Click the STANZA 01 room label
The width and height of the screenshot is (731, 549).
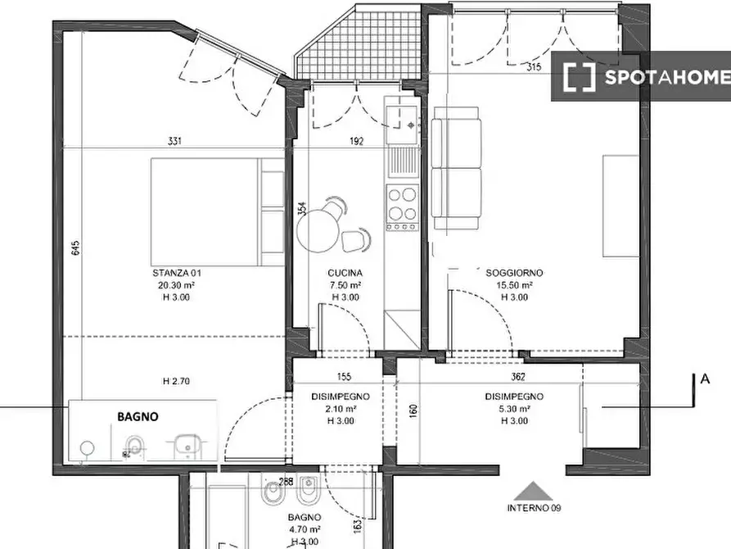[177, 273]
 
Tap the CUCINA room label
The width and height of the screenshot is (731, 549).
[345, 273]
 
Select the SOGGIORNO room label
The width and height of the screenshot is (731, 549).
[514, 273]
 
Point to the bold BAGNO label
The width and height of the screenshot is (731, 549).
[138, 416]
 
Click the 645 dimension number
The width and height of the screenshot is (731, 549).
[76, 247]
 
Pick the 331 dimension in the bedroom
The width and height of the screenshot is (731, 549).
[174, 141]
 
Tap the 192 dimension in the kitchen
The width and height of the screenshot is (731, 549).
[356, 141]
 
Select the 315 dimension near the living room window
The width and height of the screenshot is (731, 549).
[534, 66]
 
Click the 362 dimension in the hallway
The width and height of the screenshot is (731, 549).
[518, 376]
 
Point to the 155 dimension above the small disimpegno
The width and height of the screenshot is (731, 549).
[344, 376]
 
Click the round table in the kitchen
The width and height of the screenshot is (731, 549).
[318, 231]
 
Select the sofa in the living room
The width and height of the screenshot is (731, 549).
[456, 168]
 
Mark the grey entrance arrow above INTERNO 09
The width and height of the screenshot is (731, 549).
[534, 491]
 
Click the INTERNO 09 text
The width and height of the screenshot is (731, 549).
[534, 508]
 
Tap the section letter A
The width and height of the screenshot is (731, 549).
[705, 379]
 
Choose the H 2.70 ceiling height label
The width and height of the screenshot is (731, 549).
[176, 381]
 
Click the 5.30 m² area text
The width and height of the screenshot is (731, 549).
[514, 409]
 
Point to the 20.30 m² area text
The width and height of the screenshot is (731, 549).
[176, 285]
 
